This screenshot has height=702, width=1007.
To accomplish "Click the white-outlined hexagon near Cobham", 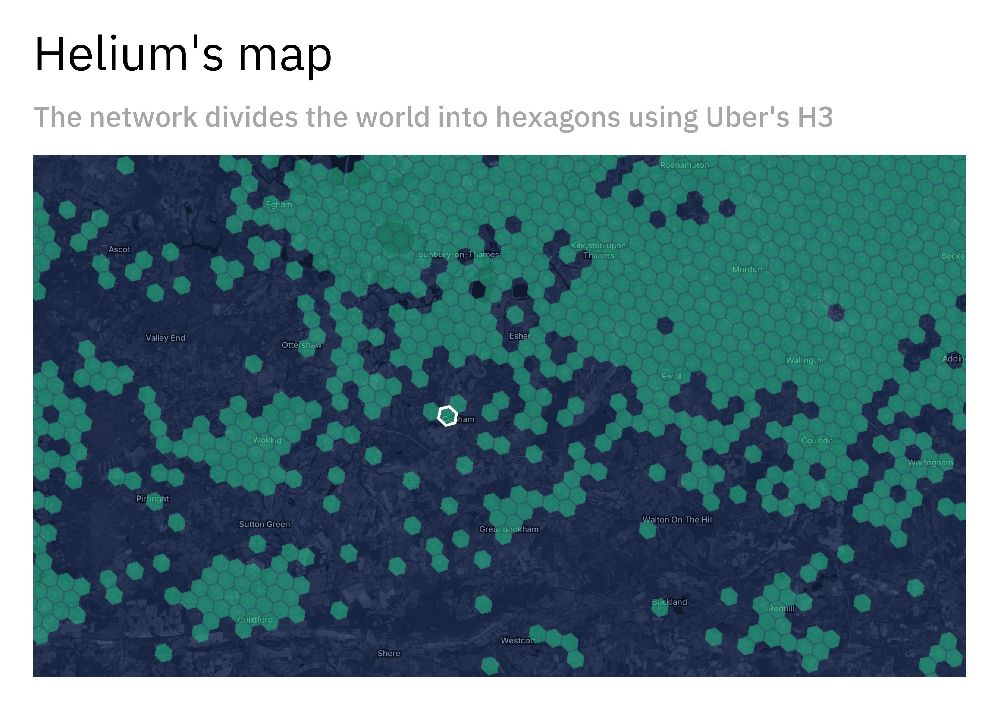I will tap(447, 415).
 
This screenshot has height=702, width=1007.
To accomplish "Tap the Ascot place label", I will tap(119, 249).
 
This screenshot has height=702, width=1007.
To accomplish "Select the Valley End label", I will tap(165, 338).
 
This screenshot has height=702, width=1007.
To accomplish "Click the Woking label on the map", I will tap(267, 440).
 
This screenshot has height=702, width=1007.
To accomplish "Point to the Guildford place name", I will tap(255, 620).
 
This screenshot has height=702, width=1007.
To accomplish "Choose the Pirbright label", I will tap(152, 499).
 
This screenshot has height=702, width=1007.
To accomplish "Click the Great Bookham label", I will tap(509, 529).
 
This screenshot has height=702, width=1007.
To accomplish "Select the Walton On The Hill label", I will tap(678, 520).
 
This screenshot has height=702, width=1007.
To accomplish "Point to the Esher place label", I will tap(520, 336).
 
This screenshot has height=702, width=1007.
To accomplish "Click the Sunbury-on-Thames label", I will tap(458, 255).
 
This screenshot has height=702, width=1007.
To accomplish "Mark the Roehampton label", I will tap(684, 165).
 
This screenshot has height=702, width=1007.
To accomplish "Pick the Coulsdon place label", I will tap(819, 441).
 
